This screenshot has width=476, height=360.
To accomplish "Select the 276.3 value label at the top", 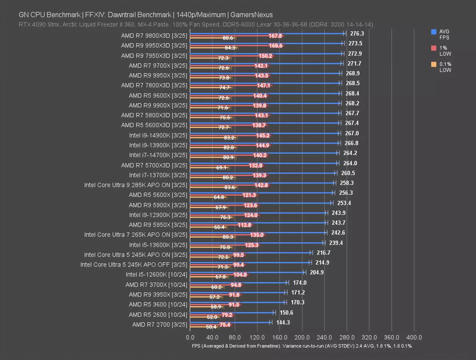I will click(x=357, y=34).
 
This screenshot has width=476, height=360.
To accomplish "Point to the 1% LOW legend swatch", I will click(x=434, y=48).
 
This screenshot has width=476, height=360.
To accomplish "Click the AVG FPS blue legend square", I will click(x=434, y=32).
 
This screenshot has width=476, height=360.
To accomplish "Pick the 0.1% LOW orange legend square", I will click(x=434, y=64).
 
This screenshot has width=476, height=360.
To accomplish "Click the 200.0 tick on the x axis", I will click(x=302, y=337).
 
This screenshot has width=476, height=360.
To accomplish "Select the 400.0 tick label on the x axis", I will click(x=414, y=337).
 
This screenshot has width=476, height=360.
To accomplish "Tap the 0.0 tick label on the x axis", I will click(x=190, y=337).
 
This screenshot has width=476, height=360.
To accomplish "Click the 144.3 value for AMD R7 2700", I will click(x=283, y=322).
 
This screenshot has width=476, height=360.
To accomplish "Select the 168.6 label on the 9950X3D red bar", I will click(x=276, y=46).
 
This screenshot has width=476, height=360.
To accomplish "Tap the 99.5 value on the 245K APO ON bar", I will click(x=239, y=255).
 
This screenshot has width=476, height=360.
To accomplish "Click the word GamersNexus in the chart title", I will click(x=253, y=15).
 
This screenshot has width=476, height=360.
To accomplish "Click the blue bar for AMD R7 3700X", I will click(x=239, y=282).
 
